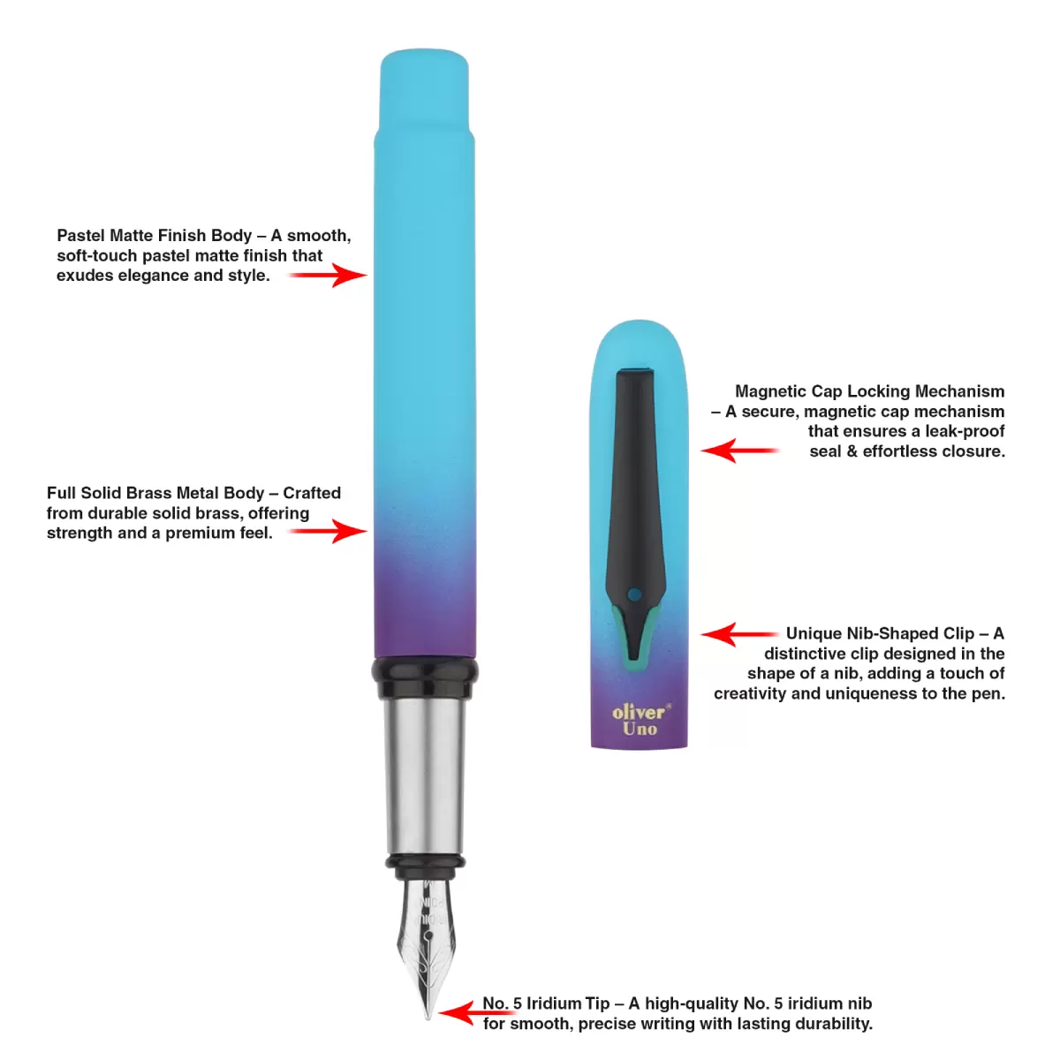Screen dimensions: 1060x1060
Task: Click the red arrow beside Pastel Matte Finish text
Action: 328,275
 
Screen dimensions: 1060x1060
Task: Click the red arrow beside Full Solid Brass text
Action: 328,531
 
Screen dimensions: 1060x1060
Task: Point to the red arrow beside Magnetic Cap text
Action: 740,450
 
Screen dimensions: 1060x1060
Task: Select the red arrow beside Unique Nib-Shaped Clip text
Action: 740,634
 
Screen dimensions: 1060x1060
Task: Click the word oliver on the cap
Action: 640,712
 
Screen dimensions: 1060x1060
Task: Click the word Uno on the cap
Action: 640,730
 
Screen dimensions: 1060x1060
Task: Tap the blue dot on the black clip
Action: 634,594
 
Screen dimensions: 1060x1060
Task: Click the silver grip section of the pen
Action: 425,776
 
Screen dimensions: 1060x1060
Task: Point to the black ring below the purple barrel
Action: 425,678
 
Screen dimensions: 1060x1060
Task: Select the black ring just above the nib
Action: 425,867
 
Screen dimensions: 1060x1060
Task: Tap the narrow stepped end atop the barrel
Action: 425,91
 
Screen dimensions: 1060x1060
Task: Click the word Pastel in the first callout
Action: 81,236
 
